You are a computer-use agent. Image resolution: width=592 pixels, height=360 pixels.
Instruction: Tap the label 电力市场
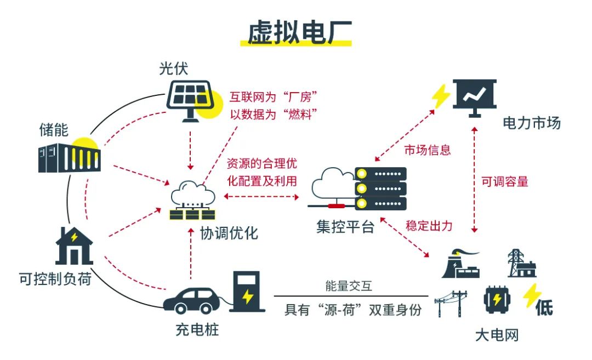[x=531, y=123]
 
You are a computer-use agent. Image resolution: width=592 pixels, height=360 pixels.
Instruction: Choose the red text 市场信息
[x=428, y=150]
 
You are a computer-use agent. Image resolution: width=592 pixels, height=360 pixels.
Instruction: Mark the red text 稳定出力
[x=429, y=225]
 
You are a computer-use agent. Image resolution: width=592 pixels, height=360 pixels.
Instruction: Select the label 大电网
[x=497, y=335]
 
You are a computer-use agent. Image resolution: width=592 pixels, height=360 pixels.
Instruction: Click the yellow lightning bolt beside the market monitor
[x=440, y=96]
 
